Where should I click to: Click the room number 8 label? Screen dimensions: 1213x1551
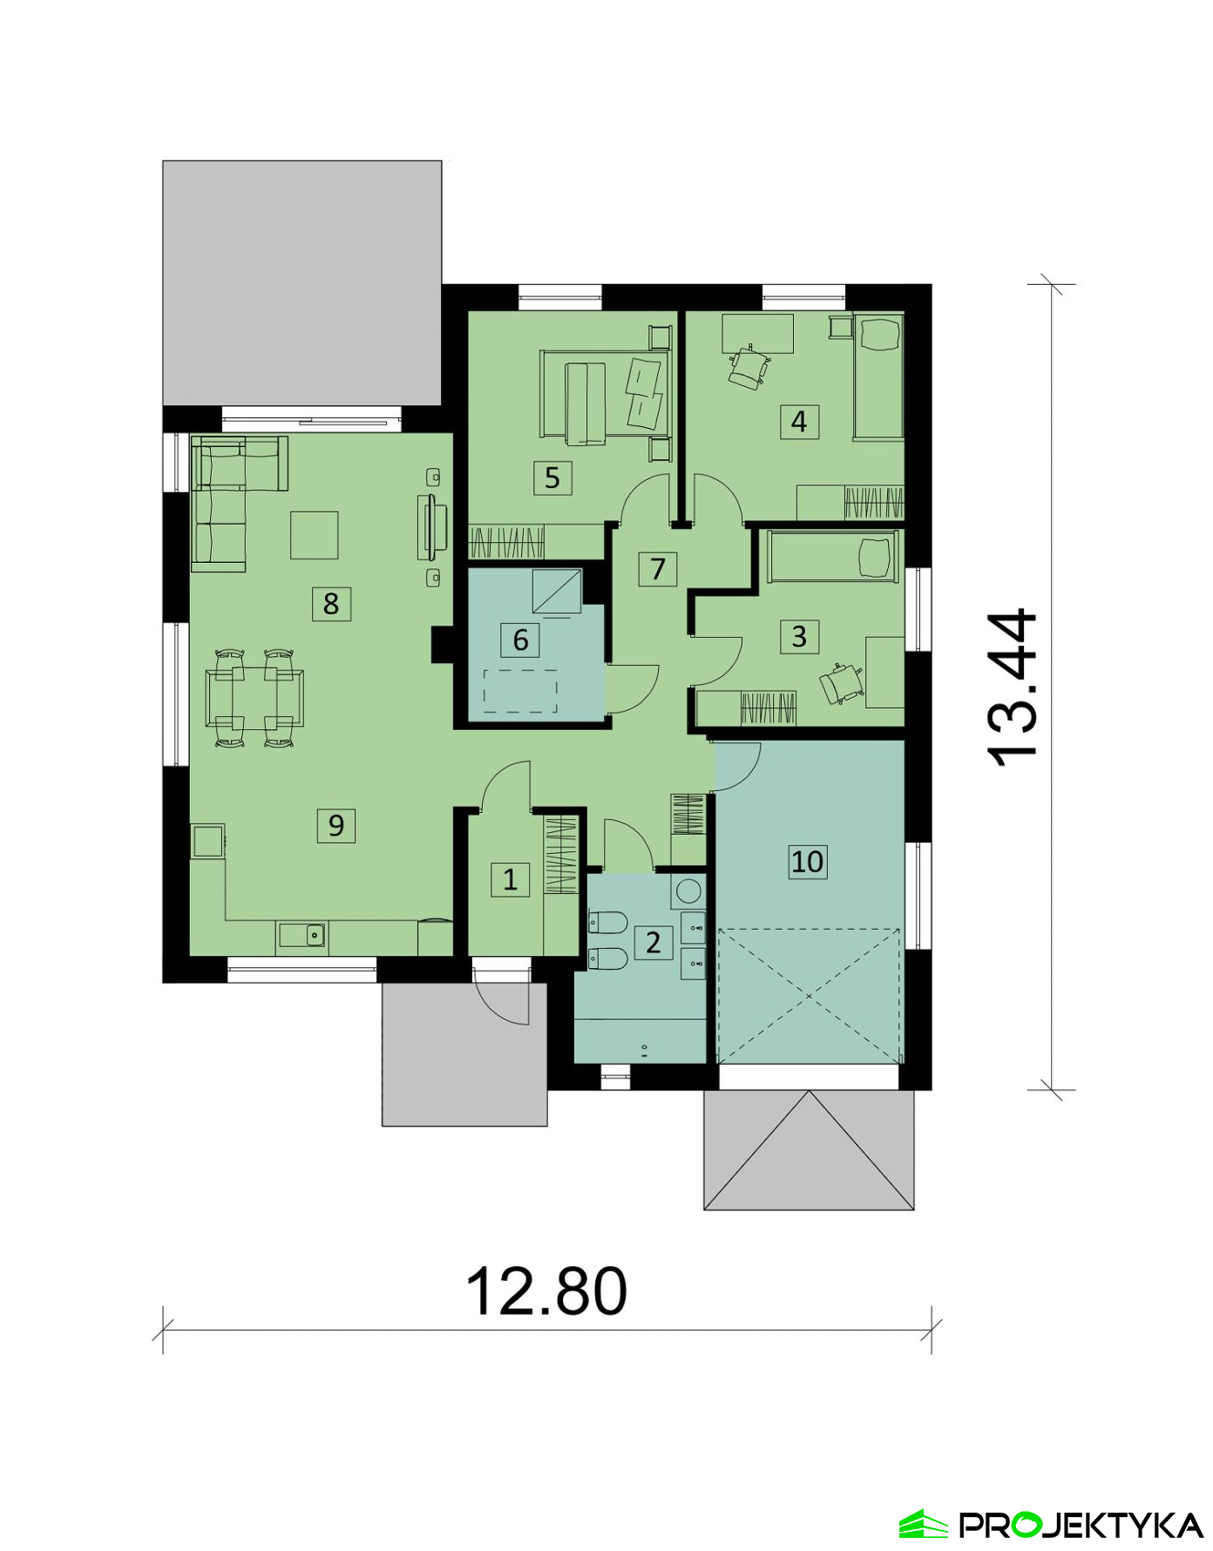coord(331,603)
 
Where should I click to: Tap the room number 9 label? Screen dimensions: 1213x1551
coord(335,824)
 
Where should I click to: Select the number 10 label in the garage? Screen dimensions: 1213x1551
coord(807,861)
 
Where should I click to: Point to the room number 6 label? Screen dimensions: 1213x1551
coord(520,640)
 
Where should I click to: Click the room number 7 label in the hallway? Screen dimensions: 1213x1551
coord(658,569)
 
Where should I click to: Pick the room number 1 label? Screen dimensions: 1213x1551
coord(510,878)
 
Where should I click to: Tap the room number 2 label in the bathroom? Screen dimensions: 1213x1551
coord(654,942)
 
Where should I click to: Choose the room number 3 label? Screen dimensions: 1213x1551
coord(799,636)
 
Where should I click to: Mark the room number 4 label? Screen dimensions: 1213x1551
coord(799,422)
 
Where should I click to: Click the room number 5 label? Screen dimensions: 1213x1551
coord(552,477)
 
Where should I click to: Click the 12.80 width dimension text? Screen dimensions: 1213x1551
coord(546,1290)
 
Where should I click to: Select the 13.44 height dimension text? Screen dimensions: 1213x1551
coord(1013,687)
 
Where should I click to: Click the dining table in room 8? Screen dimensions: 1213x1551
coord(254,697)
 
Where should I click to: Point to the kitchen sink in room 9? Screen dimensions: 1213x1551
coord(302,935)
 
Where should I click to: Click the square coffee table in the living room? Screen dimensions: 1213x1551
coord(314,535)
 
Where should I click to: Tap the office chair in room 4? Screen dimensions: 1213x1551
coord(749,368)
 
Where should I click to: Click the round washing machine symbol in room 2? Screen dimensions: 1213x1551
coord(688,891)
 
